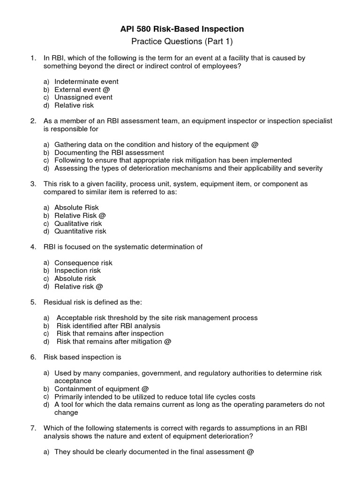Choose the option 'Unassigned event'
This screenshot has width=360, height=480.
tap(83, 97)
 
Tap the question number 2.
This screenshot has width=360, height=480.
tap(33, 121)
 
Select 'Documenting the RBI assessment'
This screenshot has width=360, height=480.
tap(109, 152)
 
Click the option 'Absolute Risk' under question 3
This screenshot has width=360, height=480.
tap(76, 207)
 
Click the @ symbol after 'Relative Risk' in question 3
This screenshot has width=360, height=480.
tap(102, 215)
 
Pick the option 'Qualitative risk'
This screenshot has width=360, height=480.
tap(78, 223)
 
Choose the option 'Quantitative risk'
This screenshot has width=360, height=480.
tap(80, 231)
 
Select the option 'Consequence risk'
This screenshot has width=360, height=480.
tap(83, 263)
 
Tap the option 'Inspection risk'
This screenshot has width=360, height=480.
tap(77, 270)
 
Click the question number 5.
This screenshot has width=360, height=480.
tap(33, 302)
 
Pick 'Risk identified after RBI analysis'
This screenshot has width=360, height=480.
tap(108, 326)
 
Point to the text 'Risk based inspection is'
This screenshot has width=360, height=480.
tap(82, 357)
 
